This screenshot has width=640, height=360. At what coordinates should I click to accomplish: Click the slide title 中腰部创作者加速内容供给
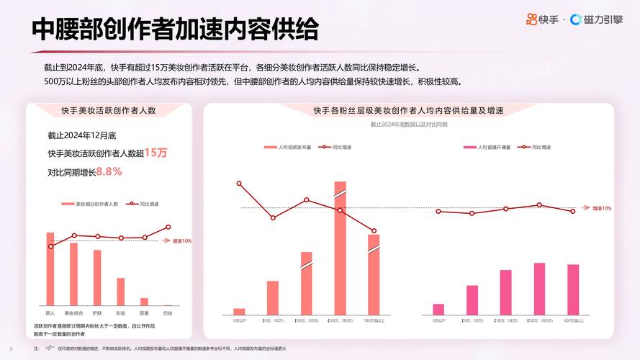(x=175, y=30)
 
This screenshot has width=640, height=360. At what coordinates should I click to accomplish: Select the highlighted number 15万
(x=156, y=153)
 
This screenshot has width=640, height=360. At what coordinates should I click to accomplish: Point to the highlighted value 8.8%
(x=109, y=171)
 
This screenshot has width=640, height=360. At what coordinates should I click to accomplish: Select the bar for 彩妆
(x=120, y=292)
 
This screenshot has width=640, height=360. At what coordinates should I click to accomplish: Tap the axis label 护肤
(x=97, y=312)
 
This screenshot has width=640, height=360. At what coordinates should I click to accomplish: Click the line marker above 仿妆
(x=168, y=227)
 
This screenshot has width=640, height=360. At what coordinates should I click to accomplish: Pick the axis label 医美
(x=144, y=312)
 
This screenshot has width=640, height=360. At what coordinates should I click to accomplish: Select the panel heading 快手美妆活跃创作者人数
(x=109, y=111)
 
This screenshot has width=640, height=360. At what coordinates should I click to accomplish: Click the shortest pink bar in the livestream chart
(x=438, y=309)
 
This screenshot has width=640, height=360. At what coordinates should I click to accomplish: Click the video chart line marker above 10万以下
(x=239, y=184)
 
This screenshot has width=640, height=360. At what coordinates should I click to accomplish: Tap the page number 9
(x=11, y=348)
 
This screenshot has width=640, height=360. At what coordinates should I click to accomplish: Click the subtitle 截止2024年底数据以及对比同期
(x=408, y=125)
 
